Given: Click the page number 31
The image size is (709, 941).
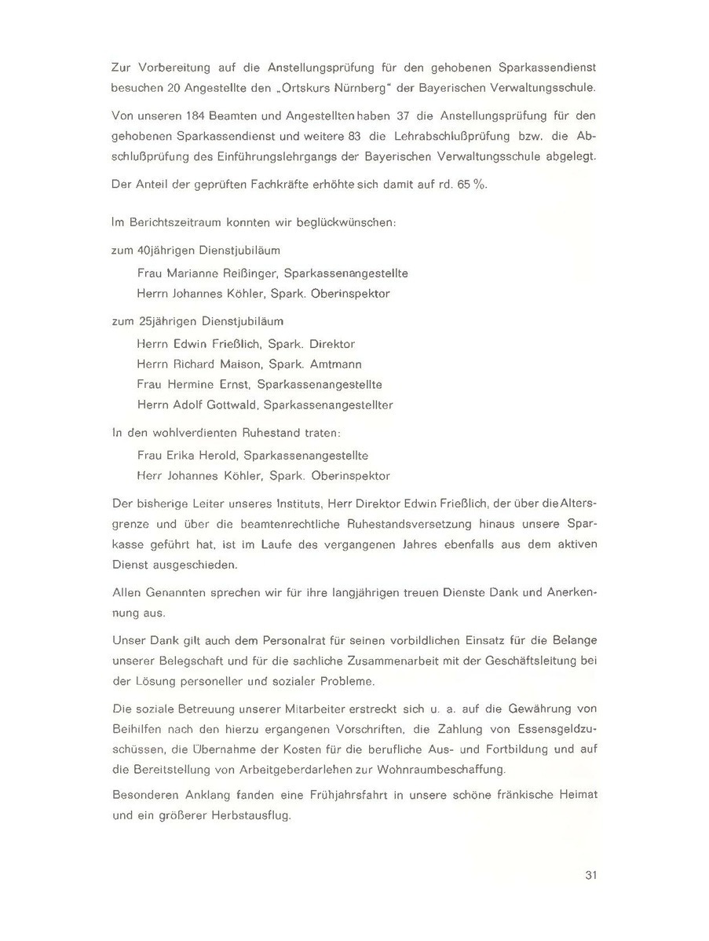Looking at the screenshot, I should (591, 876).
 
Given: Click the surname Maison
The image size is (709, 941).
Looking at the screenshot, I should (238, 364).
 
